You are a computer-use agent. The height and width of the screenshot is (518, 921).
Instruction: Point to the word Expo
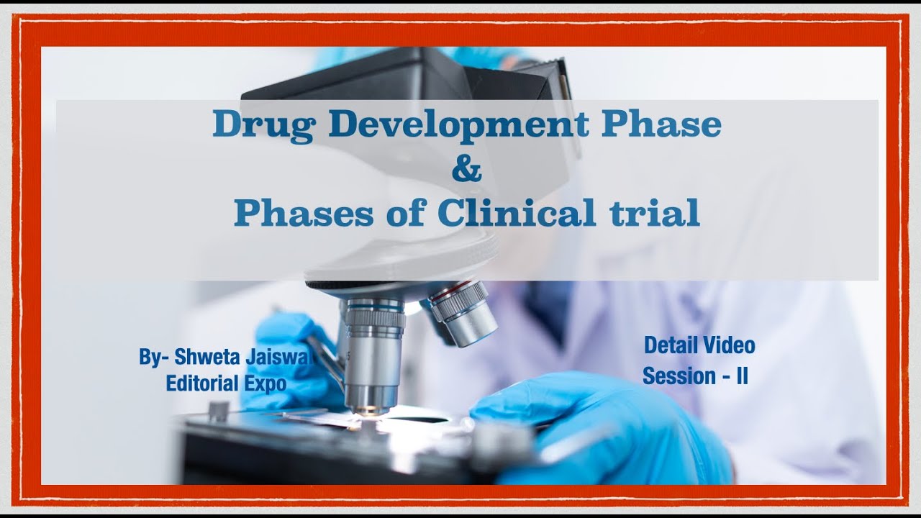tap(264, 383)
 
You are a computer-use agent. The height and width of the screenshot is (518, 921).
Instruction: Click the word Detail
tap(667, 345)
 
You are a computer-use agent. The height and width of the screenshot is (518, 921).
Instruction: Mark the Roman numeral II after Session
tap(741, 376)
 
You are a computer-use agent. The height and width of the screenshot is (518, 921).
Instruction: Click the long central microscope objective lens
tap(373, 353)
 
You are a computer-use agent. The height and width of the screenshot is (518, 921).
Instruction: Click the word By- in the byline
tap(153, 358)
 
